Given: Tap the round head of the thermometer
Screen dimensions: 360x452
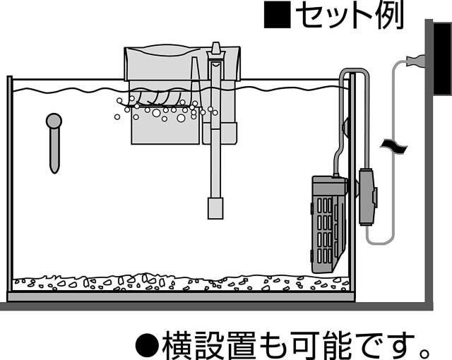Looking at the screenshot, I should click(54, 121).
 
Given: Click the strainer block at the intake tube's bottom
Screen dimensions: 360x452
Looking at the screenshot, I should click(215, 208).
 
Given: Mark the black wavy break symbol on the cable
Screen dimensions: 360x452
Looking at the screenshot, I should click(393, 145).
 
